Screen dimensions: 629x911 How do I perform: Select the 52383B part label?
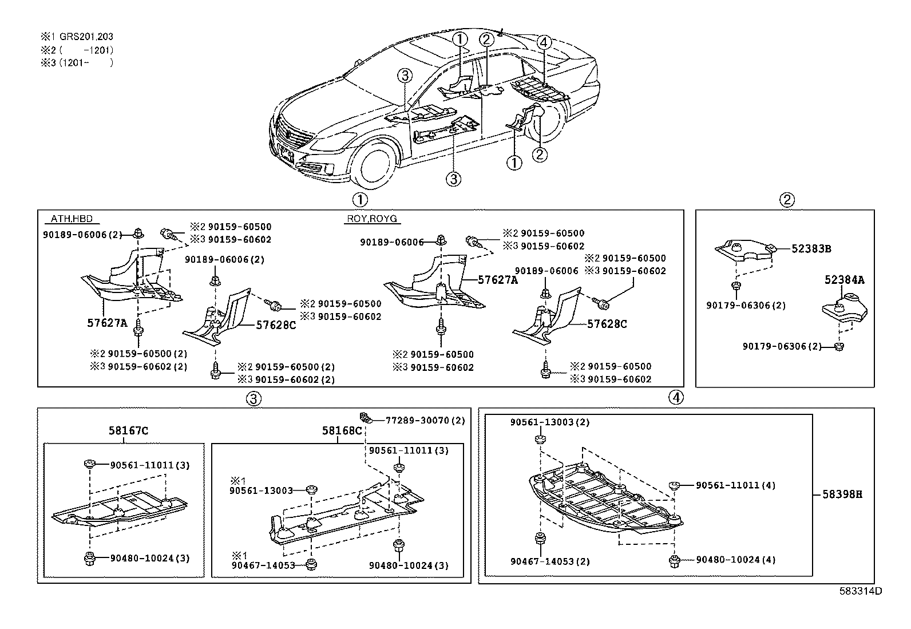point(811,249)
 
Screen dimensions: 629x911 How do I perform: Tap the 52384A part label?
point(844,280)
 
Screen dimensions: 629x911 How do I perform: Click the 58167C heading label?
point(128,430)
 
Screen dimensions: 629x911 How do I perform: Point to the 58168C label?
point(342,430)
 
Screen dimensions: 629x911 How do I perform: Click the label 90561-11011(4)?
point(735,485)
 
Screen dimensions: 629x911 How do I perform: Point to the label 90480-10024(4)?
point(735,560)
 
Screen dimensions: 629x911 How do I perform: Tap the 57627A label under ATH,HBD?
point(107,323)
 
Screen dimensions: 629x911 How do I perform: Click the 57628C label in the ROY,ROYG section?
point(607,324)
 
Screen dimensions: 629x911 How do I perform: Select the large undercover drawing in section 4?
point(607,498)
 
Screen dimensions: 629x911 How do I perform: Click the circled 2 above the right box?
point(787,200)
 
